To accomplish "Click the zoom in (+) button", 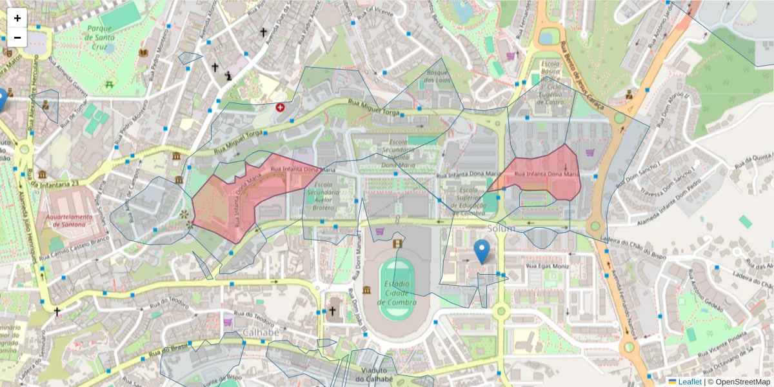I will point(17,18).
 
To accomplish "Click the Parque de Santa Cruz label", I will point(100,34).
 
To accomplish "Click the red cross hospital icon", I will point(280,107).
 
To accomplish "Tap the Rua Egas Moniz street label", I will point(547,266).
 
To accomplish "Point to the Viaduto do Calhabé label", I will point(374,375).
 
